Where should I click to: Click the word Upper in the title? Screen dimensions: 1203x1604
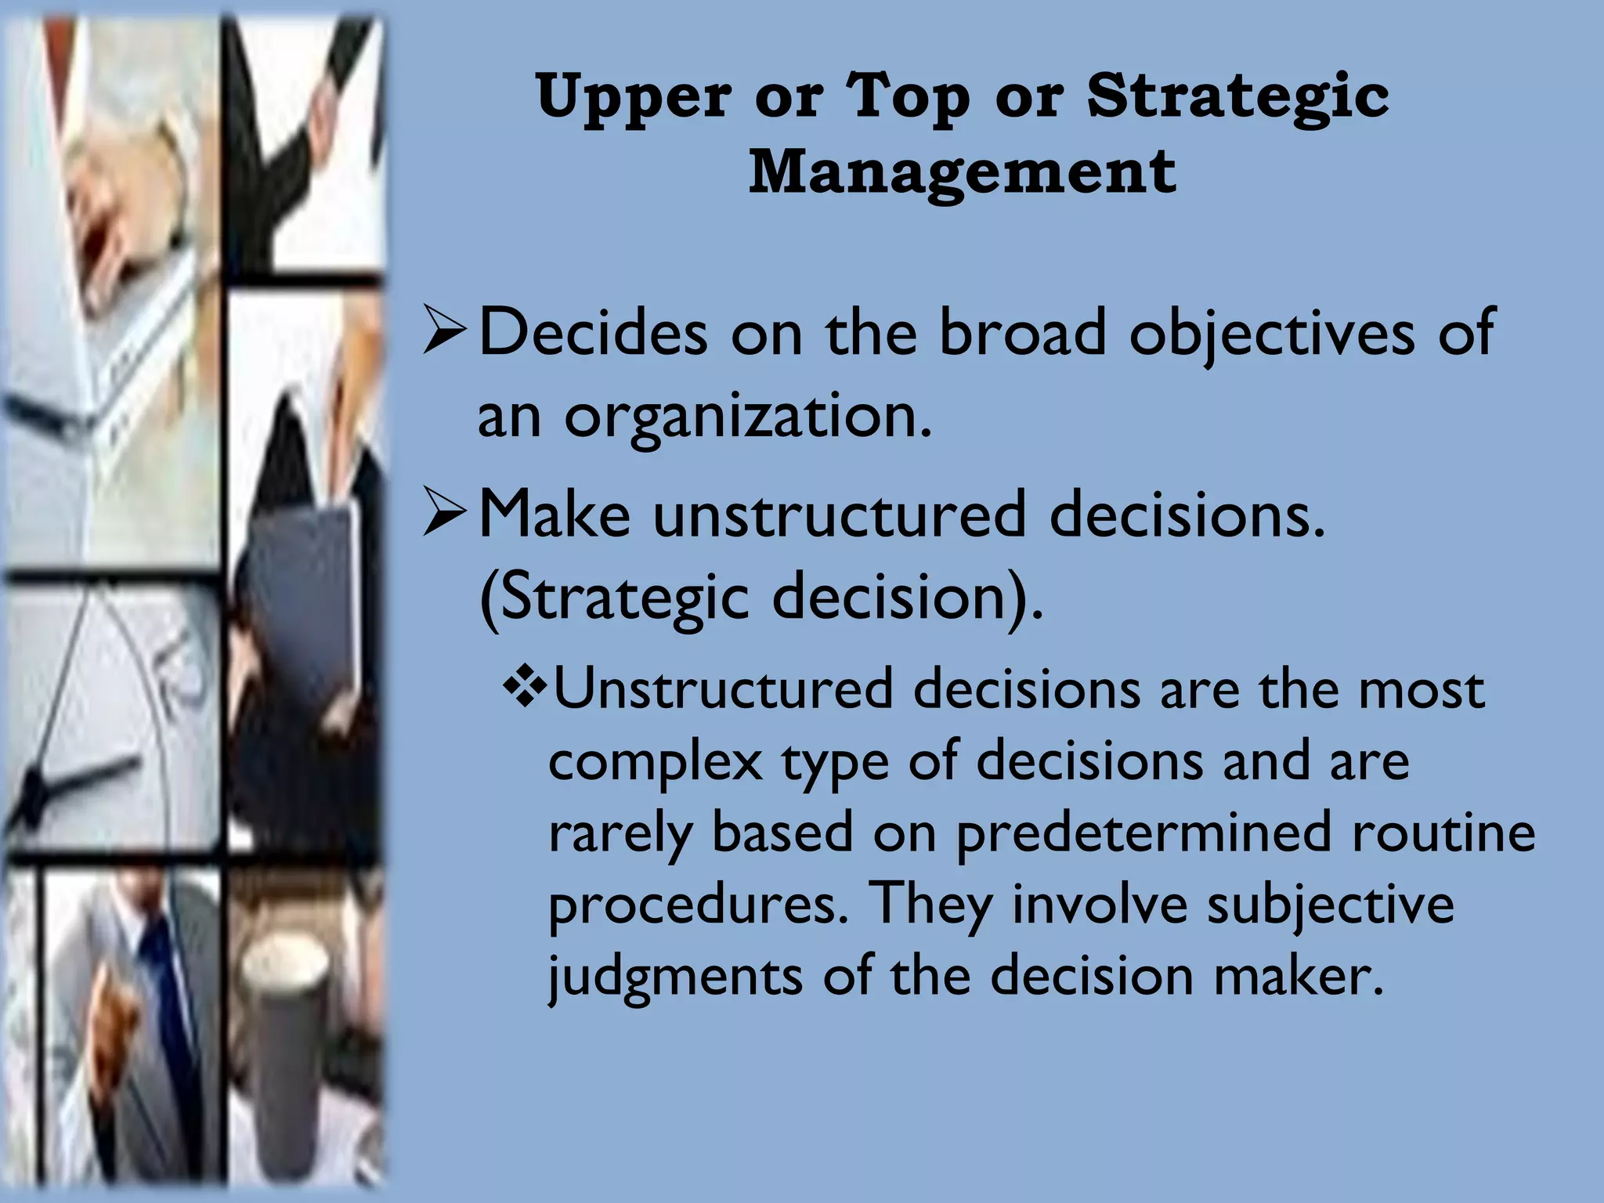(634, 97)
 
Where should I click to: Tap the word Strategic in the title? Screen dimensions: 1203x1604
(1237, 97)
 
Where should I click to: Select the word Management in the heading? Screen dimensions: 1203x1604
(963, 172)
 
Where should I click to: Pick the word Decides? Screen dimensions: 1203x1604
(593, 332)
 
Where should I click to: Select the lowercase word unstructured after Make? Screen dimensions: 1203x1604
(840, 515)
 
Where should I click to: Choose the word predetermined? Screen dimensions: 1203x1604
(1143, 833)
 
